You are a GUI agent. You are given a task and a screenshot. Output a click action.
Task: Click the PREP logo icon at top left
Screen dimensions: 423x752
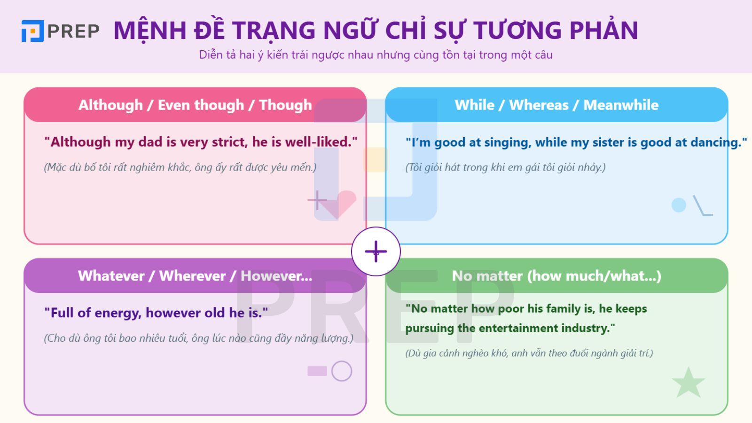(x=33, y=31)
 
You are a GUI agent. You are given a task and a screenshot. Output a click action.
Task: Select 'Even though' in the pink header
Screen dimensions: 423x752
(x=201, y=105)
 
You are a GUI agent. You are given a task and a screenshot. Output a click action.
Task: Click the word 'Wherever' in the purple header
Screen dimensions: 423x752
(x=192, y=276)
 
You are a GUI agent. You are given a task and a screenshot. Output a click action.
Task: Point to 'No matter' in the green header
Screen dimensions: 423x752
(x=487, y=276)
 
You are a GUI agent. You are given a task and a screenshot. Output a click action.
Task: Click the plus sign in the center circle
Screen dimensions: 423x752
(x=376, y=251)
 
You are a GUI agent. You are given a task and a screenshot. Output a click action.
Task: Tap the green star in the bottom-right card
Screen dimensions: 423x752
(x=689, y=383)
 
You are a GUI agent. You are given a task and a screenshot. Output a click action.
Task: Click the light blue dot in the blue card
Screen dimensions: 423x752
(x=679, y=205)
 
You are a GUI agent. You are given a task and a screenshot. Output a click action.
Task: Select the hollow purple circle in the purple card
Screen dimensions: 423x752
(x=342, y=371)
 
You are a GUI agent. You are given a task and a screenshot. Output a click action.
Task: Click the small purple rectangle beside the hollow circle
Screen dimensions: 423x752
(x=317, y=371)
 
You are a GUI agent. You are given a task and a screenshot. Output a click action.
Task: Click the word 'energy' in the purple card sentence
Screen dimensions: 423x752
(x=117, y=313)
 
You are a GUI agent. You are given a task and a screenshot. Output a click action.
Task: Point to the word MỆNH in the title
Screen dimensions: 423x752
(x=150, y=30)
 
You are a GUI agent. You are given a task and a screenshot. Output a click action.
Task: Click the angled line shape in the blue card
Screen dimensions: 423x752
(x=702, y=207)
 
